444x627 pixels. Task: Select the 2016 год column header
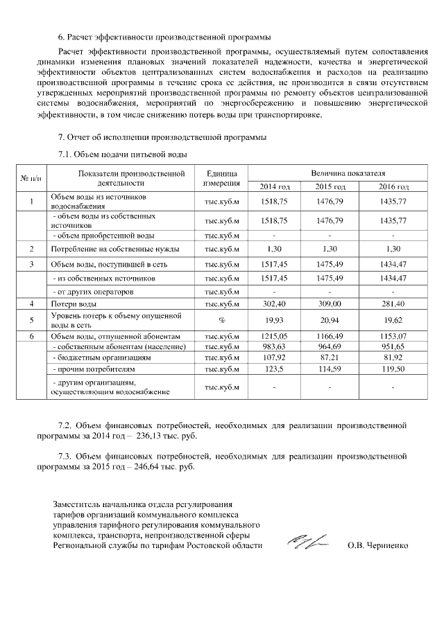(x=393, y=188)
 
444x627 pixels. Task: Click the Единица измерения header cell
(x=221, y=179)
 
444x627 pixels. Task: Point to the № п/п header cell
(x=31, y=179)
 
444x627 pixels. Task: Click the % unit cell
(x=221, y=320)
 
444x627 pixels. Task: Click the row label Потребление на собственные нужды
(x=115, y=248)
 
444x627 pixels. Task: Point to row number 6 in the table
(x=31, y=336)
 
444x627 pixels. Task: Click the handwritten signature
(x=308, y=542)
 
